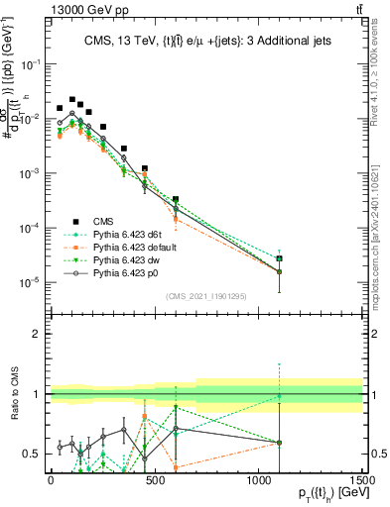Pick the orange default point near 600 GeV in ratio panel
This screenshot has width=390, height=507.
click(x=176, y=466)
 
